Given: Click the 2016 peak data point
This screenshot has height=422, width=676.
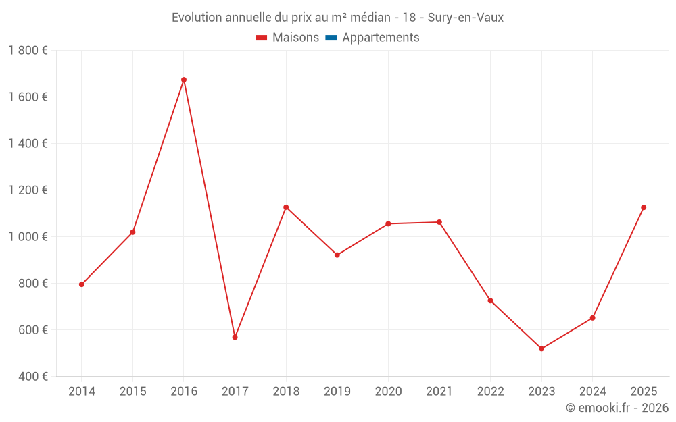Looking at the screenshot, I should (184, 80).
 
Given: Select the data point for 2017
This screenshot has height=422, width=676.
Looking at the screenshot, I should (235, 337).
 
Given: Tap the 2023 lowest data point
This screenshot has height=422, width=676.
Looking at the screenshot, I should (541, 348).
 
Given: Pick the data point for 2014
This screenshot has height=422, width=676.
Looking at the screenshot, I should (82, 284).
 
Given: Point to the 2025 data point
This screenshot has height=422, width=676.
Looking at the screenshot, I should (644, 207).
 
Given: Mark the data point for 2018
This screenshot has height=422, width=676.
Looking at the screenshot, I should (286, 207).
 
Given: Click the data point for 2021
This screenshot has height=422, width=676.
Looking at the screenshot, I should (439, 222).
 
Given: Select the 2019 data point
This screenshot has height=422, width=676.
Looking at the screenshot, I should (337, 255).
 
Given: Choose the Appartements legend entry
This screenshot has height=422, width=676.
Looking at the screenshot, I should (381, 38).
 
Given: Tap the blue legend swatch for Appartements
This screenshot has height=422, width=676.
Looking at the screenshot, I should (331, 38).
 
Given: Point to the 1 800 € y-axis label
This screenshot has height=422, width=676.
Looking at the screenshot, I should (28, 51).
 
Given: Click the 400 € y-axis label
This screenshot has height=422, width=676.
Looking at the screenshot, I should (32, 377).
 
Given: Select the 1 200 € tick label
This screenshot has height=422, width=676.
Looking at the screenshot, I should (28, 190).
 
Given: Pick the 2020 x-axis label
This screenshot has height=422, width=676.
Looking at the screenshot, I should (388, 392).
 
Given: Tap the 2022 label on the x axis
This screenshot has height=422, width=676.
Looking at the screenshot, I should (490, 392).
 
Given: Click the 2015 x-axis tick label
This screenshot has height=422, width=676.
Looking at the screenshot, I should (132, 392).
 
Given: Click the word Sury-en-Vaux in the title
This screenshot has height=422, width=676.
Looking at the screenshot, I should (466, 18).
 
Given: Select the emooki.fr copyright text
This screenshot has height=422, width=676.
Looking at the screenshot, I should (617, 408).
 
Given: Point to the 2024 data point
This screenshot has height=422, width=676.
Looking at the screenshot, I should (592, 318).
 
